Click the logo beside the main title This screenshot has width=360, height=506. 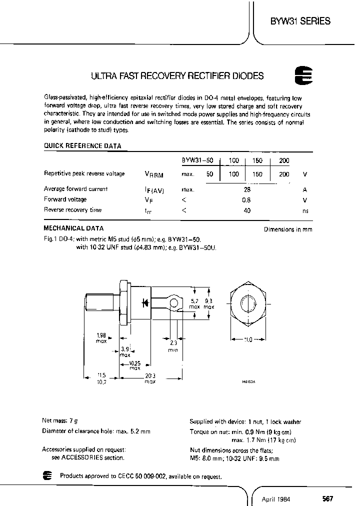pos(302,76)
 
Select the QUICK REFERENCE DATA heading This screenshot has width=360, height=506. pos(82,146)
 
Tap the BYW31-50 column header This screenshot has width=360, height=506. pos(197,160)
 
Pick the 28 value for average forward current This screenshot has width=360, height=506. pos(247,189)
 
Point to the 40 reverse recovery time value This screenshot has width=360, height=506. pos(246,210)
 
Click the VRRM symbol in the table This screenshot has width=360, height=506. pos(153,174)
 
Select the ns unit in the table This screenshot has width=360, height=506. pos(305,210)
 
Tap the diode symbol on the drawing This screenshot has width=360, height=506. pos(146,302)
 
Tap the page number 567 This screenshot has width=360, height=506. pos(327,498)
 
